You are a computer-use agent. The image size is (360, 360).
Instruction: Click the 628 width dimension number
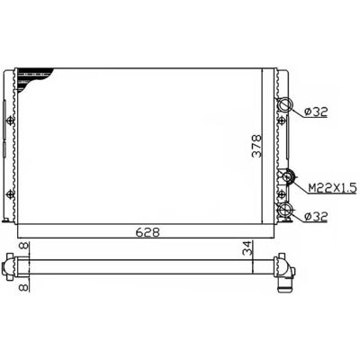[147, 232]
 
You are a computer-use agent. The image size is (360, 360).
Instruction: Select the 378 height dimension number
[256, 146]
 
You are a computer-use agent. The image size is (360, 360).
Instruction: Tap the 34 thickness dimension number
[248, 247]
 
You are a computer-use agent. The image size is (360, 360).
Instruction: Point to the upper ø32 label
[316, 112]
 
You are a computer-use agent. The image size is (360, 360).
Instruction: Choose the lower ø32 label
[315, 217]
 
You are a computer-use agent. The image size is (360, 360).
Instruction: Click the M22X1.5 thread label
[333, 188]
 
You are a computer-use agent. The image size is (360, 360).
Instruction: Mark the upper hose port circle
[284, 104]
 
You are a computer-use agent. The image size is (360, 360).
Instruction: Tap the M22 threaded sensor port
[289, 176]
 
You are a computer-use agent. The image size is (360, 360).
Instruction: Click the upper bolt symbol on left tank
[11, 121]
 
